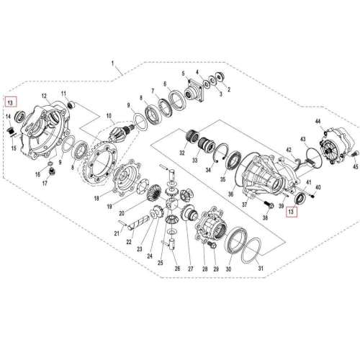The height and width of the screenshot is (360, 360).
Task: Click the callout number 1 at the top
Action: (x=112, y=63)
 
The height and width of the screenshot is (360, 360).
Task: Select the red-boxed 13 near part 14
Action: (x=10, y=102)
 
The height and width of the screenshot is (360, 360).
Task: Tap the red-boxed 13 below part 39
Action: (x=291, y=212)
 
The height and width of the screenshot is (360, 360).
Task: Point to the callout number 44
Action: (x=318, y=122)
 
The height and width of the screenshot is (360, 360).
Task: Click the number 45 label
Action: (x=356, y=166)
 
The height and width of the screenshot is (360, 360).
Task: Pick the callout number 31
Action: (x=261, y=268)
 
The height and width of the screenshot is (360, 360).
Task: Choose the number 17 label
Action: (x=45, y=184)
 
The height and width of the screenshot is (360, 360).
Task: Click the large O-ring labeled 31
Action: (x=251, y=251)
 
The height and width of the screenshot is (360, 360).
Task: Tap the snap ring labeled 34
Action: (x=221, y=153)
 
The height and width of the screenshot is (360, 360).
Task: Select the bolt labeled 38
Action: (x=269, y=204)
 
